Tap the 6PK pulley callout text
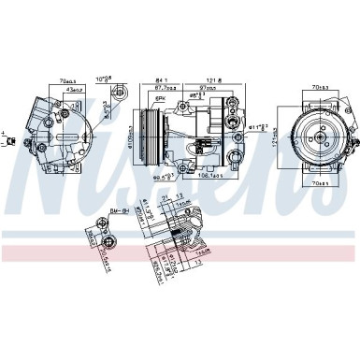click(x=160, y=97)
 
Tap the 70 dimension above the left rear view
click(x=67, y=81)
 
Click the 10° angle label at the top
click(x=106, y=80)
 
